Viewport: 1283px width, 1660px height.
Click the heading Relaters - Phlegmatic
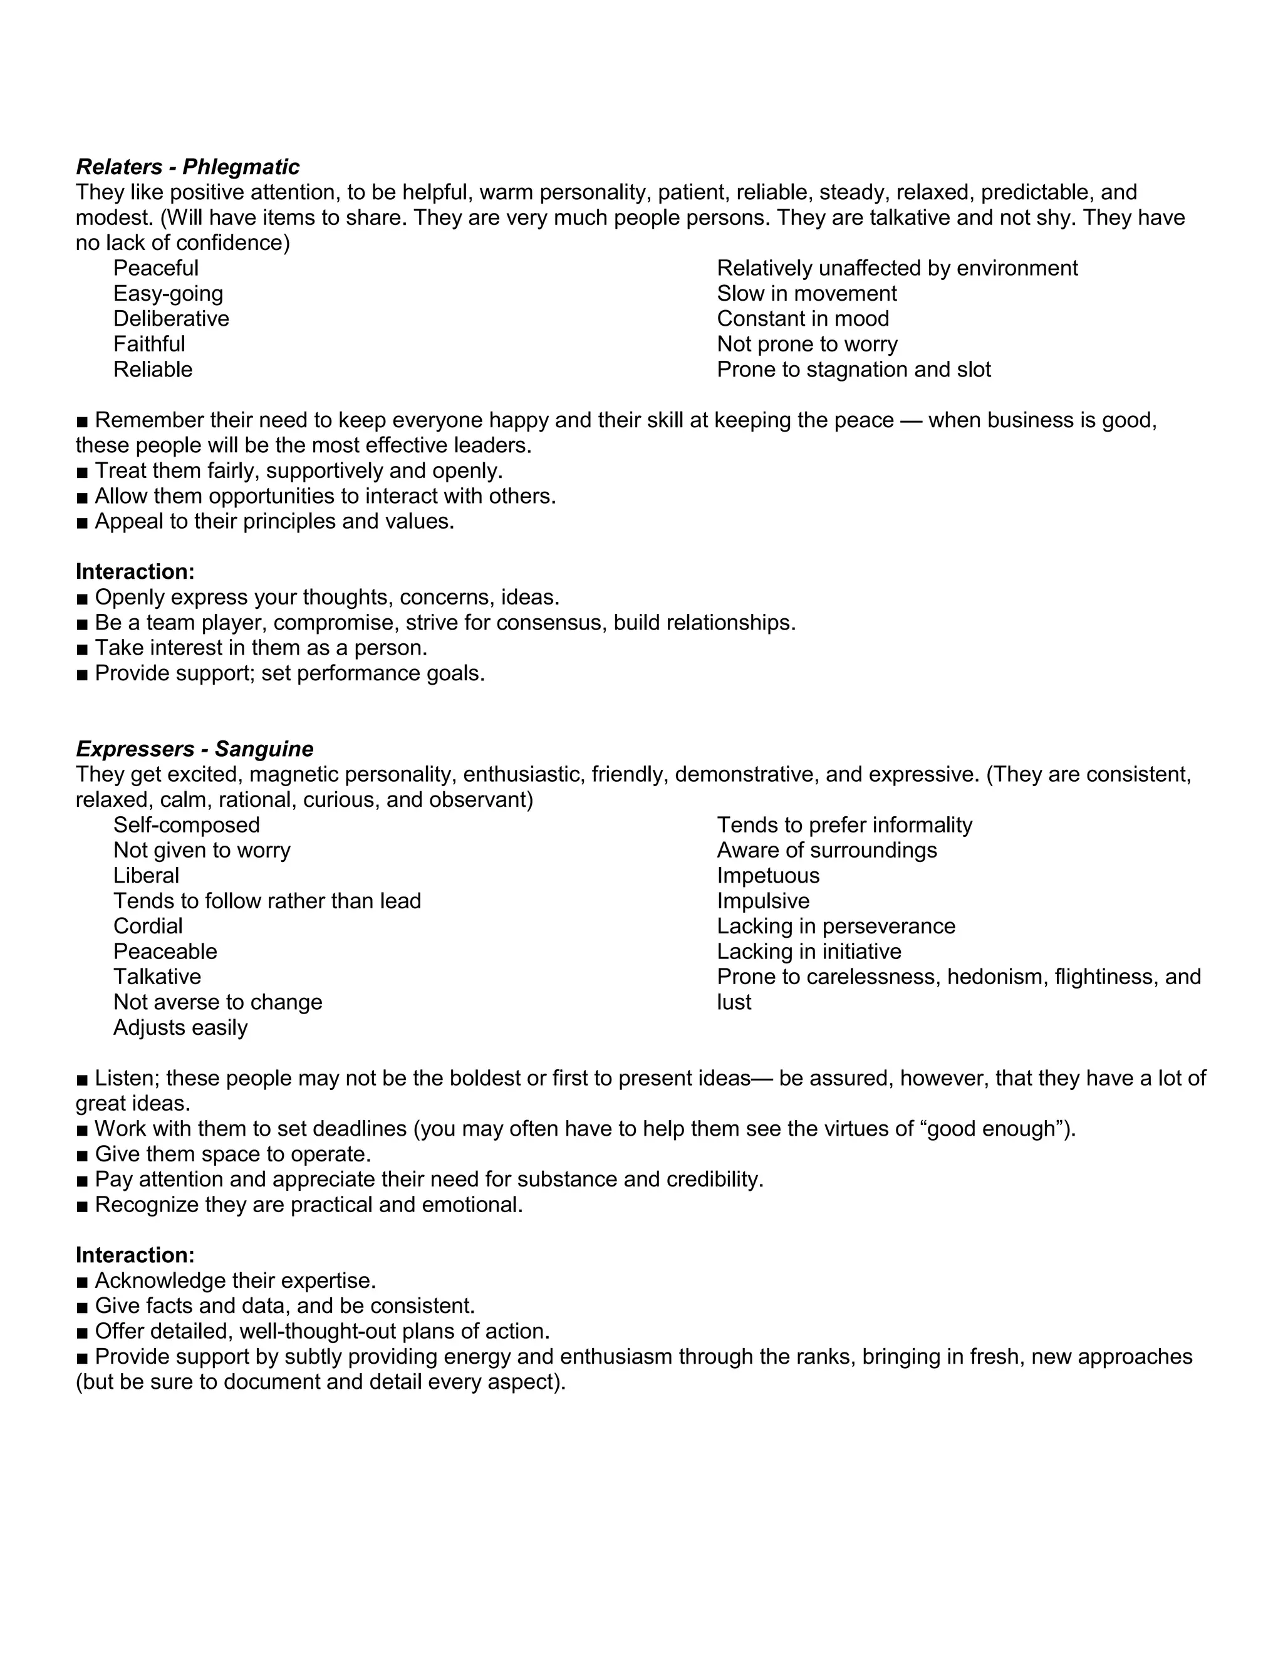[x=188, y=167]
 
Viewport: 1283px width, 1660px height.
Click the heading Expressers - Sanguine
[x=195, y=749]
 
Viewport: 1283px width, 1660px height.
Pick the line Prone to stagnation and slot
[x=854, y=370]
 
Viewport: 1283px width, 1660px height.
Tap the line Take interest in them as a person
[x=261, y=648]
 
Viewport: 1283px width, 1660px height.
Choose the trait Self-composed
[x=186, y=825]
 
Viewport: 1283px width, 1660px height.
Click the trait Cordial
[x=148, y=926]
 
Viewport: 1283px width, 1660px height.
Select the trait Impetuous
[x=767, y=876]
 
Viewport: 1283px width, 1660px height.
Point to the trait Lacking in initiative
[x=809, y=952]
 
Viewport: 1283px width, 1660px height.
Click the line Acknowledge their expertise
[x=236, y=1281]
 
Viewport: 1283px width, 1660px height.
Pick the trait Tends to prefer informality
[x=844, y=825]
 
